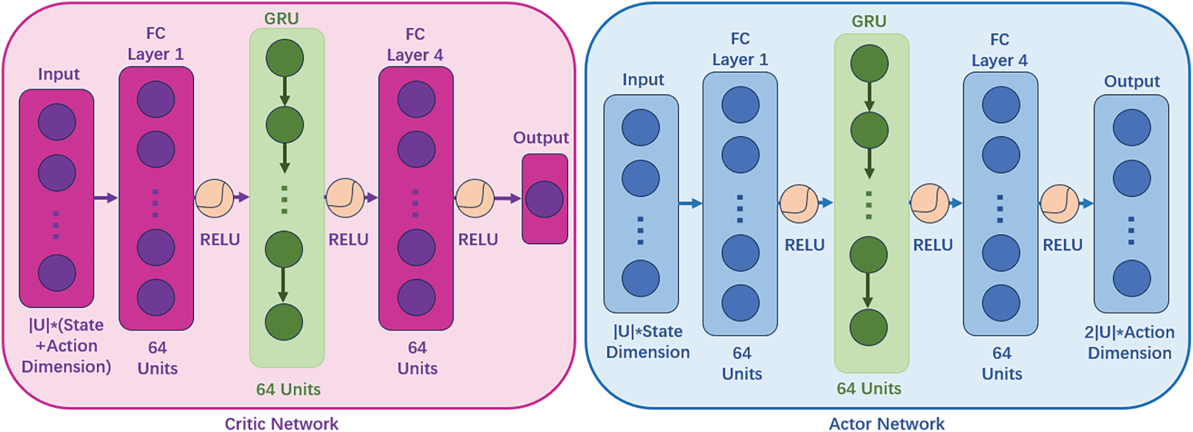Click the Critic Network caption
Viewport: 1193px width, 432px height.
coord(282,424)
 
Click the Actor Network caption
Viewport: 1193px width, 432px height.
coord(887,424)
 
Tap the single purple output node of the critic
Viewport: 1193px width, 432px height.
coord(545,199)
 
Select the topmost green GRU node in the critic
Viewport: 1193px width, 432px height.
coord(285,58)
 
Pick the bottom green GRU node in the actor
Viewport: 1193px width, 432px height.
coord(869,327)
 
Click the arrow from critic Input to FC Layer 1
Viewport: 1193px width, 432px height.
coord(105,198)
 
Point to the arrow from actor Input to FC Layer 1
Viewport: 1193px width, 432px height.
coord(690,203)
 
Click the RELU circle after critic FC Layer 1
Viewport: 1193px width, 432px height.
coord(215,198)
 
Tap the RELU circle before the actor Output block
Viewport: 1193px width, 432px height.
coord(1059,203)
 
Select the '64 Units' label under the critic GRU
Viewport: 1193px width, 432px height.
coord(288,389)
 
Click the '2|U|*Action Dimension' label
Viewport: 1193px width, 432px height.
coord(1130,342)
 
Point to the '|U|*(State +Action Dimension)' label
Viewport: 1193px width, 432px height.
coord(66,346)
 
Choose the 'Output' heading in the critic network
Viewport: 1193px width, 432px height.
coord(541,138)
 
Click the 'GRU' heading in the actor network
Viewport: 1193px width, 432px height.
coord(869,21)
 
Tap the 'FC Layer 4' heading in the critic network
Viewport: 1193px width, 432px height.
coord(415,44)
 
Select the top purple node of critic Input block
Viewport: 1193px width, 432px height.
coord(57,122)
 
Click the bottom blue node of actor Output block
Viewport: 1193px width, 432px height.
coord(1132,278)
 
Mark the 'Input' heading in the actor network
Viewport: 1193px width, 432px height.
coord(643,80)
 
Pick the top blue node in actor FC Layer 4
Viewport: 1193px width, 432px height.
coord(1001,105)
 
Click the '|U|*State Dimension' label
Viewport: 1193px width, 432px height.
coord(648,342)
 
